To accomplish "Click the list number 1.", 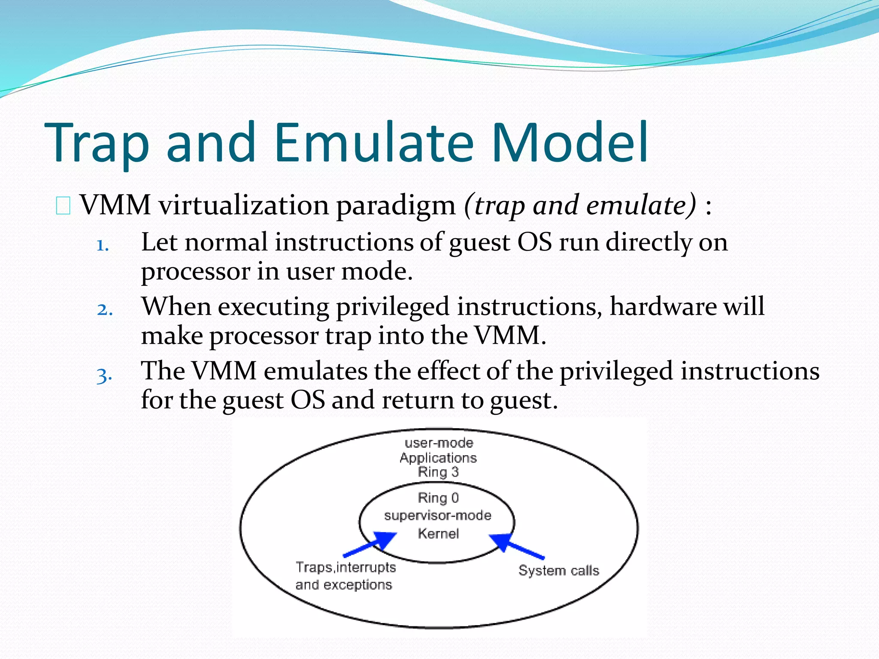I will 102,246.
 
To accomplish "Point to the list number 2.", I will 104,310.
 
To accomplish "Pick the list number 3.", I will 104,375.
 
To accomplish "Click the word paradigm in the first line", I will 395,206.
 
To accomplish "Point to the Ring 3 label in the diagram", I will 438,472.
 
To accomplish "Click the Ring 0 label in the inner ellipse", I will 438,498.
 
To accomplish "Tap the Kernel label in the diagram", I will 438,534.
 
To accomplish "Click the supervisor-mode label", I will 437,515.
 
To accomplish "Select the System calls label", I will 558,571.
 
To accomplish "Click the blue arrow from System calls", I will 517,546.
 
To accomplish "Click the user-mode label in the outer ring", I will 439,443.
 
